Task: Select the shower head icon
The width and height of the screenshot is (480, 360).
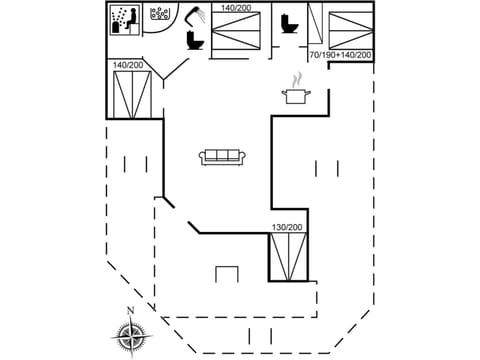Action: coord(198,15)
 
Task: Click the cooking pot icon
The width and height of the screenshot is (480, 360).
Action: coord(296,96)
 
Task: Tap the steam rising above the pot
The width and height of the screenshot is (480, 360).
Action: coord(295,79)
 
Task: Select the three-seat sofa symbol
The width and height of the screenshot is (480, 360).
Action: coord(222,157)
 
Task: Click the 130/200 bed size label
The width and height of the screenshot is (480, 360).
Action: coord(287,228)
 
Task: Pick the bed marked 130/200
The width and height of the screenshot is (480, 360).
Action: coord(288,257)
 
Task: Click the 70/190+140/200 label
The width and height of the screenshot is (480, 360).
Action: coord(340,55)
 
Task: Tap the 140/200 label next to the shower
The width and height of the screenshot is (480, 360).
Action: coord(236,8)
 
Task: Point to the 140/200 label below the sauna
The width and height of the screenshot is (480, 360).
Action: coord(128,65)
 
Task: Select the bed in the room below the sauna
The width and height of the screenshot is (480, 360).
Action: coord(130,94)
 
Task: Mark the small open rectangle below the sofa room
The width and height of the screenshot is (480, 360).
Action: coord(227,274)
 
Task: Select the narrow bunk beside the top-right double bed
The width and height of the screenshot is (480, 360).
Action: coord(317,27)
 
